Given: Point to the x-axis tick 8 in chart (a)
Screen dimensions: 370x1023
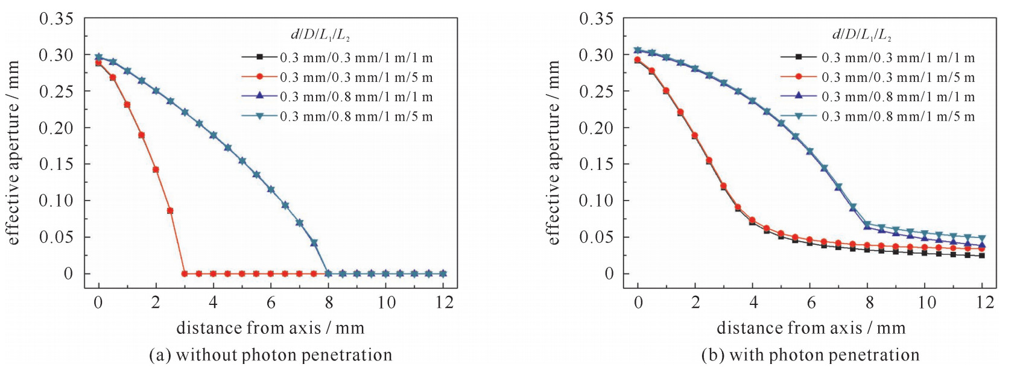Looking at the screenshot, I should (329, 302).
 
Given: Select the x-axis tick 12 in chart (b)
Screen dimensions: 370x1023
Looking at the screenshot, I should (984, 302).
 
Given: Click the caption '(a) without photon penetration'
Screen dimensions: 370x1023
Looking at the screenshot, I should (270, 355).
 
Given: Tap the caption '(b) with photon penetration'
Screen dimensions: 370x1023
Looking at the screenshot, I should (810, 355).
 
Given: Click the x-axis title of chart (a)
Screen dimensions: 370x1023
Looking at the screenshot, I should (270, 328).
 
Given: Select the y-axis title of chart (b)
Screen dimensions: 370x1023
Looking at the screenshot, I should (553, 153).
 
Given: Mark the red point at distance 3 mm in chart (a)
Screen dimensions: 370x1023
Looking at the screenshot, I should (185, 274).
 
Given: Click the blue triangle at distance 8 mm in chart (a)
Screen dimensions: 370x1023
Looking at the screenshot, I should (329, 274).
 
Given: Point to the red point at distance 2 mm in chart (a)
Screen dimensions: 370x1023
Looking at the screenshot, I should (156, 170).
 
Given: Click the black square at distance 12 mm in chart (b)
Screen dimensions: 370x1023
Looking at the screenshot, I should (982, 256).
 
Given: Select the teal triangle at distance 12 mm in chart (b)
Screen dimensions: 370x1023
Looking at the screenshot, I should (982, 238).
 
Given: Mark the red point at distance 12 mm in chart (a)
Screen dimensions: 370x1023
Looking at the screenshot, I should (443, 274).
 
